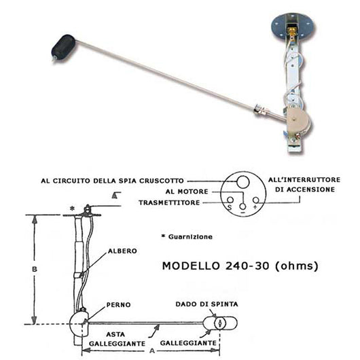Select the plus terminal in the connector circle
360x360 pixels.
click(255, 206)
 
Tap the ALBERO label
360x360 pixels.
click(122, 251)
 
